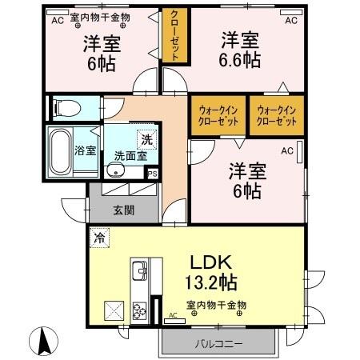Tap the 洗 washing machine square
[x=146, y=138]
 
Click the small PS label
[x=153, y=173]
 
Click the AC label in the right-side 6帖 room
[x=286, y=150]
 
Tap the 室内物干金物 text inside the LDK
[x=216, y=305]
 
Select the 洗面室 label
[x=129, y=156]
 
